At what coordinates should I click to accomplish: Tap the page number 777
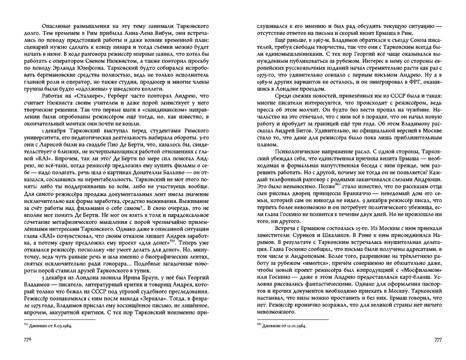[x=437, y=339]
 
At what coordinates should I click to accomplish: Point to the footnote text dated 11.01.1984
[x=282, y=325]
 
